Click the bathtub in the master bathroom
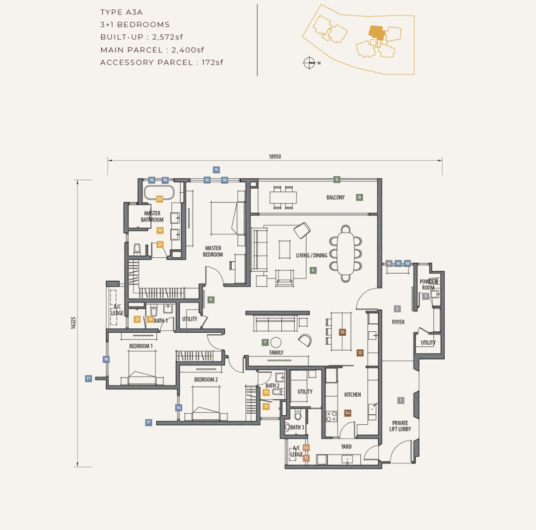click(x=159, y=193)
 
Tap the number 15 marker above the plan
click(x=216, y=170)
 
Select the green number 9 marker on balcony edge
click(x=336, y=179)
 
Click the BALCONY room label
click(x=335, y=197)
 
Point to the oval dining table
click(x=345, y=253)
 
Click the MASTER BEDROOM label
click(x=212, y=251)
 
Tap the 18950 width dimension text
click(x=275, y=156)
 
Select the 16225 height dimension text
click(x=73, y=323)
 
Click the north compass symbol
click(x=309, y=63)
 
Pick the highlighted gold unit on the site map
click(x=376, y=32)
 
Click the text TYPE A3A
click(x=122, y=12)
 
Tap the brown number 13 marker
click(x=342, y=332)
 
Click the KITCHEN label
click(x=352, y=394)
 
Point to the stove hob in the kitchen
click(x=332, y=416)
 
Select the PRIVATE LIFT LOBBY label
click(x=400, y=426)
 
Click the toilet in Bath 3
click(x=298, y=415)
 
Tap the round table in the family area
click(x=276, y=343)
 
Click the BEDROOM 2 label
click(x=206, y=380)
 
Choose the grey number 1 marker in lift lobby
click(x=401, y=400)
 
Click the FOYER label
click(x=398, y=322)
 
